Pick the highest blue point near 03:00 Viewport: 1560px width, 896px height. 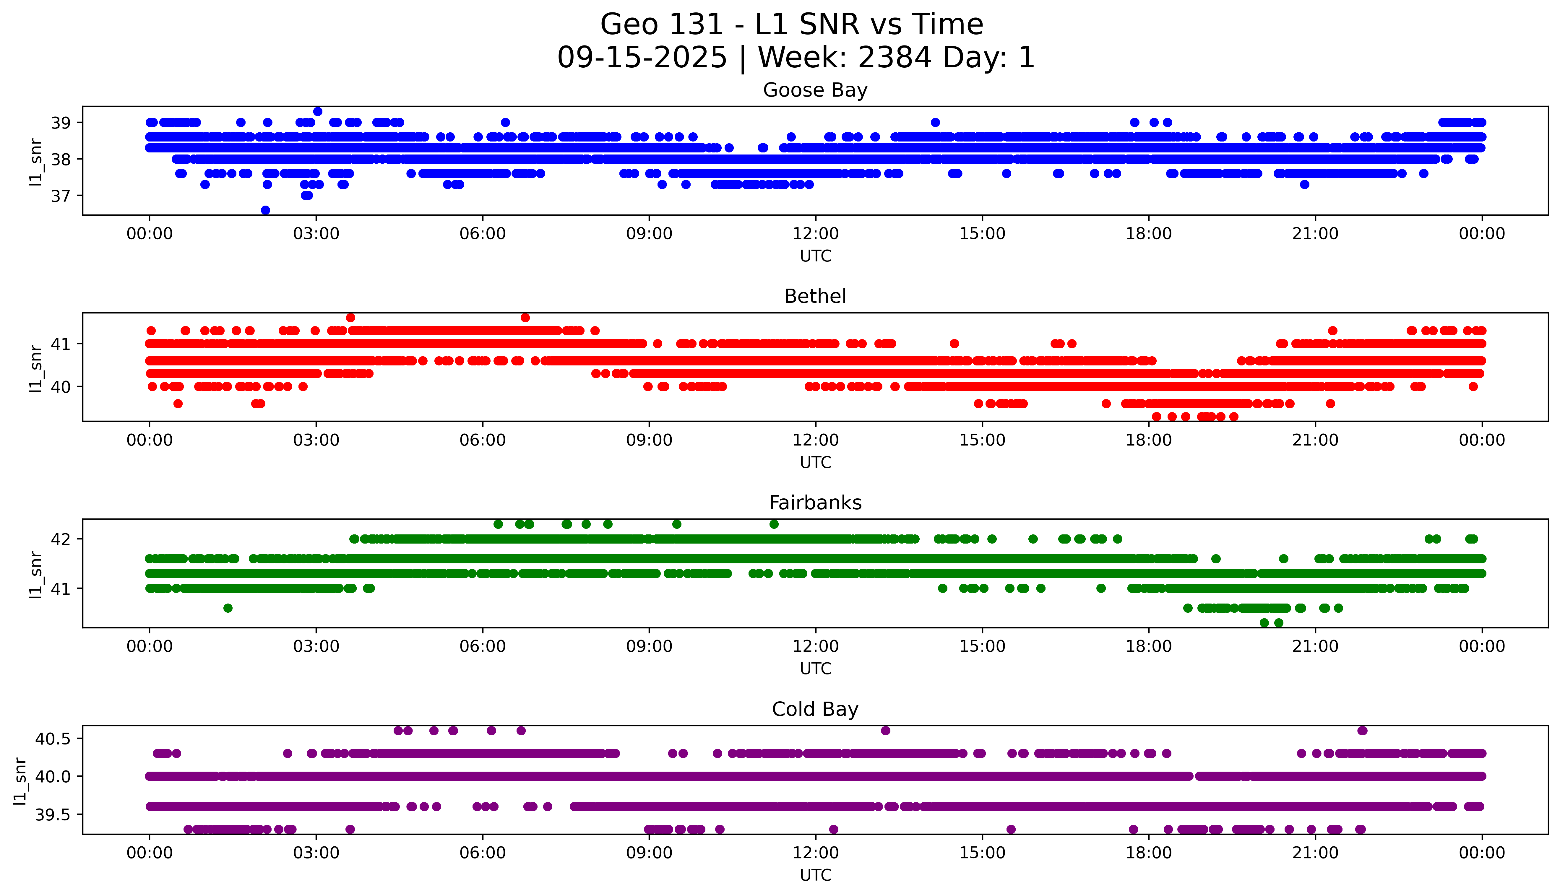coord(318,111)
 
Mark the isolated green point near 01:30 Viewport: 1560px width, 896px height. coord(228,608)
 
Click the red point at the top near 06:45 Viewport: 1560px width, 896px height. coord(525,318)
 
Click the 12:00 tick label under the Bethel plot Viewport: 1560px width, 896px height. coord(815,440)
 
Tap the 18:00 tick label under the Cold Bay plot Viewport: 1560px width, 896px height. coord(1149,853)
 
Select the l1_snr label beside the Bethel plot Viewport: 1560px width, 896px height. coord(36,368)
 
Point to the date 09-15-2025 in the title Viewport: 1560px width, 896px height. coord(642,58)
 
